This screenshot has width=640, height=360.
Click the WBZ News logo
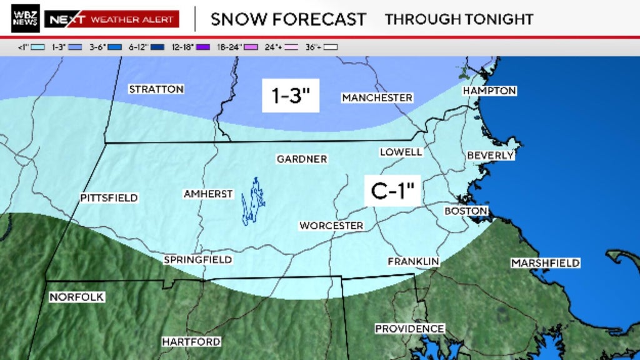(x=26, y=19)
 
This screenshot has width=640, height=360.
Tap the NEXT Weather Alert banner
(x=112, y=19)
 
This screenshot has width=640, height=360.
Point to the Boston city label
(x=466, y=211)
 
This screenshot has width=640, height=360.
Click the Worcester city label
(x=331, y=226)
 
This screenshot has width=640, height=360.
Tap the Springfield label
(x=197, y=259)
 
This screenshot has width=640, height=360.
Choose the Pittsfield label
(x=109, y=198)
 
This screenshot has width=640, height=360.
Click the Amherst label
(x=208, y=194)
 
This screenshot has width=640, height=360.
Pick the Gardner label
(x=302, y=159)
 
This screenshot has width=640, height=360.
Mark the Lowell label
(x=401, y=152)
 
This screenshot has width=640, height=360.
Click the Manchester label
(x=377, y=98)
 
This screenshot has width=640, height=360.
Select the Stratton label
(x=156, y=89)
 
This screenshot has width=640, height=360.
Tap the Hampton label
(x=489, y=91)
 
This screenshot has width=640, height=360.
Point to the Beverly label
(x=490, y=155)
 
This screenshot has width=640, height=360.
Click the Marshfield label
(x=546, y=263)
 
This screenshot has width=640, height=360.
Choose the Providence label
(x=409, y=329)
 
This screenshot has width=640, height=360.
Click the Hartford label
(x=191, y=342)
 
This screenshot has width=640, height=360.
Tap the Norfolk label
(x=76, y=297)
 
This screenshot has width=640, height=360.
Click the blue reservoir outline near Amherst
(x=253, y=201)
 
